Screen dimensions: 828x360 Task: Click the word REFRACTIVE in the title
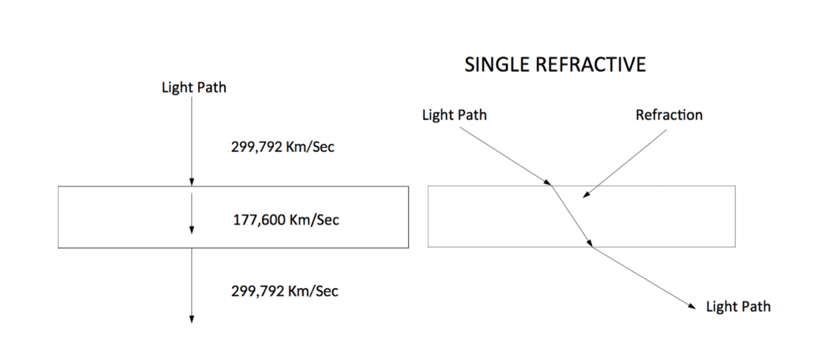click(591, 65)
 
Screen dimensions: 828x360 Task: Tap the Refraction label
click(669, 115)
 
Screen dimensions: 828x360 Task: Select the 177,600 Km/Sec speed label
click(286, 220)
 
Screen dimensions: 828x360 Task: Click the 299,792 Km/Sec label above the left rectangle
click(283, 147)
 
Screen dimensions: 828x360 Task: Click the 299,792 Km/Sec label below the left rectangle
click(284, 291)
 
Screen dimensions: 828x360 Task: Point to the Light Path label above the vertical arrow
click(194, 88)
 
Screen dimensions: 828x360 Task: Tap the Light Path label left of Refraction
click(454, 115)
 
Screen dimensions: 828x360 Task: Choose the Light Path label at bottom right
click(738, 307)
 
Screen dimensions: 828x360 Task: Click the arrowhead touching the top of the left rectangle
click(192, 182)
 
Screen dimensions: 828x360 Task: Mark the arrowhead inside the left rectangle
click(192, 230)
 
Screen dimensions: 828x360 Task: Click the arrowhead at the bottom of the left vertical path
click(192, 320)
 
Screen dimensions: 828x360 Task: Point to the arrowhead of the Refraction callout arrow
click(586, 194)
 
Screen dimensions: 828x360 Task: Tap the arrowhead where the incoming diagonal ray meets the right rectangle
click(547, 182)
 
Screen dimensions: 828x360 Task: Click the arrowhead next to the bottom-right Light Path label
click(691, 306)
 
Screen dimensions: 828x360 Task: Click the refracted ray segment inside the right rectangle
click(572, 217)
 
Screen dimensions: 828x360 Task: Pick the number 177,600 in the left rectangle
click(259, 220)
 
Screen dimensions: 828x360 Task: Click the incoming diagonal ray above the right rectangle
click(506, 157)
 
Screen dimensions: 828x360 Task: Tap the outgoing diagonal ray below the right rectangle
click(644, 278)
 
